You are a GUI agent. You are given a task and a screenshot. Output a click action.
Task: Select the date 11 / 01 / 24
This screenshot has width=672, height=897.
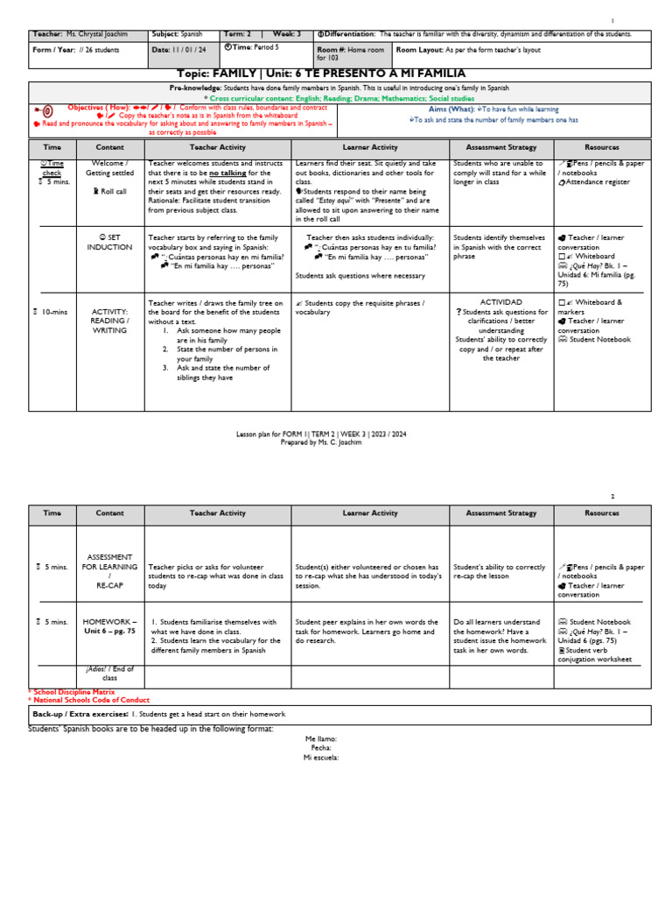coord(191,50)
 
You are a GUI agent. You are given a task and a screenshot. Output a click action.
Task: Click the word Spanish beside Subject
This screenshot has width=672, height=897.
coord(198,34)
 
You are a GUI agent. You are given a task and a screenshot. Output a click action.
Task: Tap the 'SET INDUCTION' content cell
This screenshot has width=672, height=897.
coord(109,242)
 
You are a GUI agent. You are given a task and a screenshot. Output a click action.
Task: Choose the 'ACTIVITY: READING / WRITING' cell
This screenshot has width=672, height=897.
coord(109,320)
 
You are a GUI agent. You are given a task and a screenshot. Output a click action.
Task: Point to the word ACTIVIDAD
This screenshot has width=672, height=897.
coord(501,301)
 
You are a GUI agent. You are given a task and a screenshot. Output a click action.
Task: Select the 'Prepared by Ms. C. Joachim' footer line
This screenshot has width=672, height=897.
coord(321,442)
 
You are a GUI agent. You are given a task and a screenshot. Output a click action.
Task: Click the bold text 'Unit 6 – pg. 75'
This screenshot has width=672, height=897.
coord(109,631)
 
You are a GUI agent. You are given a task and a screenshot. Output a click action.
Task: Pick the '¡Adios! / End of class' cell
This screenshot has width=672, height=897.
coord(109,675)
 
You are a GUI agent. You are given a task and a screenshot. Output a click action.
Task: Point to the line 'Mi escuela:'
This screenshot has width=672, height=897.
coord(321,758)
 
